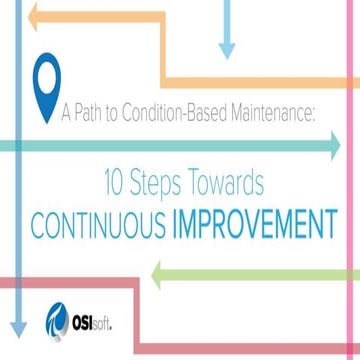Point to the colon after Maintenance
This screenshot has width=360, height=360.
pos(313,112)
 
